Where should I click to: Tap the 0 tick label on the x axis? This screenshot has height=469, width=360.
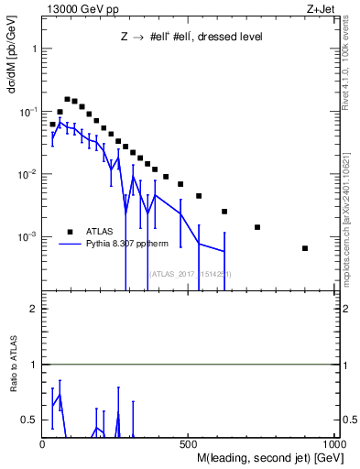pyautogui.click(x=42, y=444)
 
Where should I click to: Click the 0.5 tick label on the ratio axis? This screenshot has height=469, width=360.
pyautogui.click(x=29, y=420)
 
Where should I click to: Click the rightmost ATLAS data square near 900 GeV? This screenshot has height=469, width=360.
pyautogui.click(x=305, y=248)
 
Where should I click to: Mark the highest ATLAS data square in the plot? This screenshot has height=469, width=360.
pyautogui.click(x=67, y=99)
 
